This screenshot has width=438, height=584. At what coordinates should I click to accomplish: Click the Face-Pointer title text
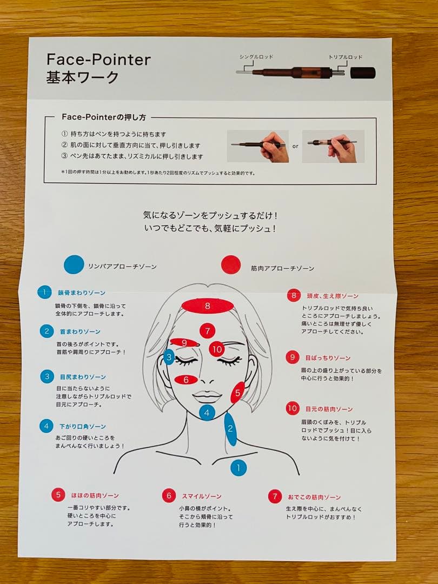point(98,59)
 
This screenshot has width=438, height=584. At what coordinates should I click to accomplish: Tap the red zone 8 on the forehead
point(208,306)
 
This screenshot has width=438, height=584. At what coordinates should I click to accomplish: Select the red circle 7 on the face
point(207,330)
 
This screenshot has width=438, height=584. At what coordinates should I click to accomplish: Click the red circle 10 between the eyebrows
point(217,349)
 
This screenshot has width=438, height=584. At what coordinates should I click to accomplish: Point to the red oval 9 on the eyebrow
point(184,342)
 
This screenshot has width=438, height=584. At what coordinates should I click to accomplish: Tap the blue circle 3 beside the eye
point(169,357)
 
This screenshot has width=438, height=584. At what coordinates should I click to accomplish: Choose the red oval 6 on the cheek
point(186,380)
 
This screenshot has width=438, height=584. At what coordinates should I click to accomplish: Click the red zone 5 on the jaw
point(237,393)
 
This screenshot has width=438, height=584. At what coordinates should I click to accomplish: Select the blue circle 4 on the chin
point(207,413)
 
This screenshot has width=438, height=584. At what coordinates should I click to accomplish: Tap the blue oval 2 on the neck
point(230,429)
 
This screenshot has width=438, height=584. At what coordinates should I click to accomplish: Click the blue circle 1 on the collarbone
point(238,467)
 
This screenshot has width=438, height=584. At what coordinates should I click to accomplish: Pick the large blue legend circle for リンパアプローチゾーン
point(74,265)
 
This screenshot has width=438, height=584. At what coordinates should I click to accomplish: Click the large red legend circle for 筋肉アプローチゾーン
point(231,266)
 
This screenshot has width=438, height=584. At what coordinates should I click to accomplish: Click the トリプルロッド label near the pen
point(345,56)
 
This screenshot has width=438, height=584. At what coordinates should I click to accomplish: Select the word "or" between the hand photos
point(295,146)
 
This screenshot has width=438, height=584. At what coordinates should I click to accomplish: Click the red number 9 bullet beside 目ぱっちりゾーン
point(293,357)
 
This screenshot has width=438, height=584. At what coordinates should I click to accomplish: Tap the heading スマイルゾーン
point(201,496)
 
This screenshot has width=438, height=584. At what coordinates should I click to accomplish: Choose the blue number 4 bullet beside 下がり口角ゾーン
point(47,426)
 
